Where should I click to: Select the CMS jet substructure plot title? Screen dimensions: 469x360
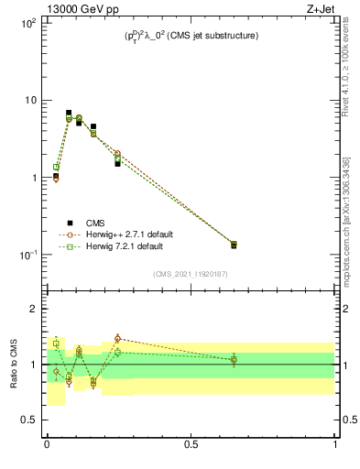(191, 36)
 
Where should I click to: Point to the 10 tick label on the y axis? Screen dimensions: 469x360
(29, 100)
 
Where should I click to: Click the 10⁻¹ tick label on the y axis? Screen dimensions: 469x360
(27, 255)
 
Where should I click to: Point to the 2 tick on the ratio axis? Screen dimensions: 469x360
(37, 309)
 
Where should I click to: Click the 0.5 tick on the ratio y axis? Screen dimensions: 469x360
(31, 420)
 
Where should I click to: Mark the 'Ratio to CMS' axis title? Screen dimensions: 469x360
(14, 364)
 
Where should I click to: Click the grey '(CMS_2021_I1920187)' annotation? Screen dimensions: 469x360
(191, 273)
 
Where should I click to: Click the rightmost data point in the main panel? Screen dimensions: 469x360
(234, 245)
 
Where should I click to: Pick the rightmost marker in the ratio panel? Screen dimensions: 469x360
(234, 360)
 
